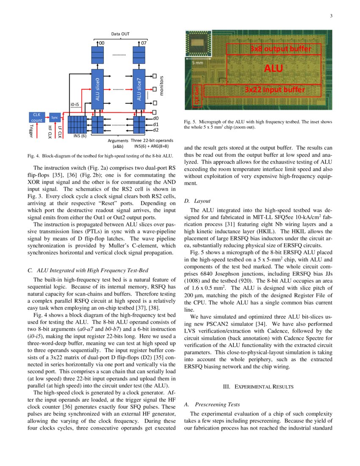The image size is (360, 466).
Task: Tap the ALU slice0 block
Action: (x=97, y=89)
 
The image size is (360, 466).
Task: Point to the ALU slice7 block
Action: (x=139, y=89)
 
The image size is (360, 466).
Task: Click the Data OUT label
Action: (x=121, y=33)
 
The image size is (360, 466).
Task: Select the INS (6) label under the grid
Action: (x=80, y=136)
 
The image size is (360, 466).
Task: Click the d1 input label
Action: (x=156, y=124)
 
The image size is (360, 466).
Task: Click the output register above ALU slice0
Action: (x=97, y=55)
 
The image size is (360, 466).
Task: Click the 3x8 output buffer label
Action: (x=280, y=49)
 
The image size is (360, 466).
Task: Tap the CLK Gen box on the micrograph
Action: (x=197, y=97)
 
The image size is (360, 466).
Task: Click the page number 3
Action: (x=331, y=16)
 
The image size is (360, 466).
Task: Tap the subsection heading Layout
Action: (x=202, y=201)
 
